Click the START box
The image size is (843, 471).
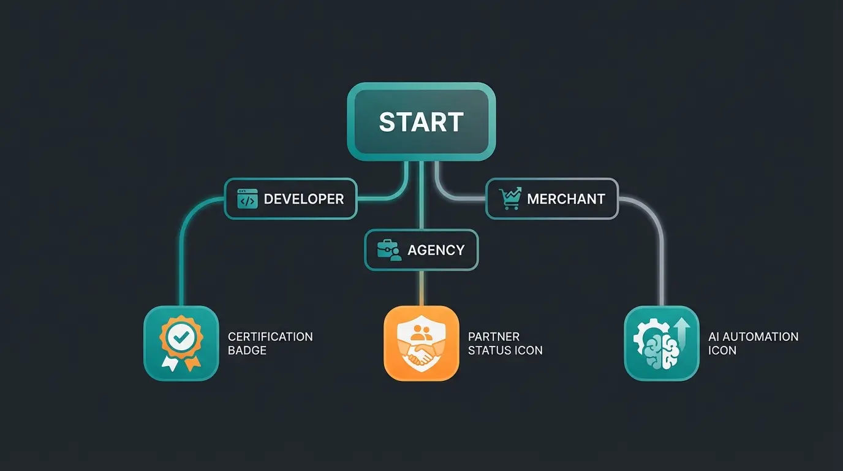(x=421, y=121)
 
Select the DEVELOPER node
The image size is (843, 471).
(x=290, y=199)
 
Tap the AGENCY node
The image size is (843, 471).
(x=421, y=250)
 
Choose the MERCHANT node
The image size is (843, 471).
(x=552, y=199)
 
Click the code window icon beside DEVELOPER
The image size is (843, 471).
(x=248, y=199)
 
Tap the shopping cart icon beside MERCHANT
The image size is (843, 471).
(x=509, y=199)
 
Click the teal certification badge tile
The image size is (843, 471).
(x=181, y=343)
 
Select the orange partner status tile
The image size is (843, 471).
(x=421, y=343)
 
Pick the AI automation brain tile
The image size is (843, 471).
(x=661, y=343)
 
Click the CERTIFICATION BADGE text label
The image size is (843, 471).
(x=270, y=343)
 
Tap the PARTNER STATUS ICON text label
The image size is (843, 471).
(x=505, y=343)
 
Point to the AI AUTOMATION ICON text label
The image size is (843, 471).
(x=753, y=343)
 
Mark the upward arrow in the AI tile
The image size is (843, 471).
(x=682, y=332)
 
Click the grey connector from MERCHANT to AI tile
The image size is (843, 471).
(x=662, y=258)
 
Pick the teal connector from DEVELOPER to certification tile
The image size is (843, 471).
(x=181, y=258)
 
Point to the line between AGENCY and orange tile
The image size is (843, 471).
(x=421, y=288)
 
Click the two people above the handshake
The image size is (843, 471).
(x=421, y=333)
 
